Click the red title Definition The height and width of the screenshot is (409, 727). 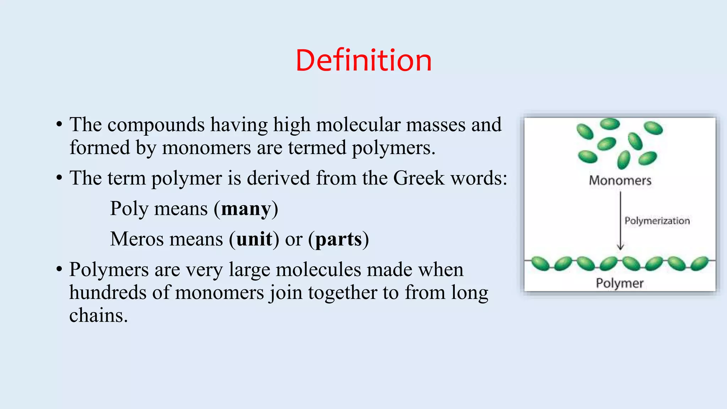[x=363, y=60]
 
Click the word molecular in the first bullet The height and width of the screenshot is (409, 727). [x=358, y=125]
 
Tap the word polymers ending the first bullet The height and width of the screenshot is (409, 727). [x=393, y=148]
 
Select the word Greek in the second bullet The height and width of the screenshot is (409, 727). [x=419, y=178]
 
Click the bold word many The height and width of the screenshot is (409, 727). [x=246, y=209]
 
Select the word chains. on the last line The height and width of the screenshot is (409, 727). [x=98, y=316]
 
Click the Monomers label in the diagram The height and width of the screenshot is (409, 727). [x=620, y=181]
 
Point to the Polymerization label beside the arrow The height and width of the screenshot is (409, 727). [x=657, y=221]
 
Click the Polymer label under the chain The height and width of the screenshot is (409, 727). [x=619, y=283]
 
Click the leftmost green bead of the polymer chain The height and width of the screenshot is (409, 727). [x=541, y=263]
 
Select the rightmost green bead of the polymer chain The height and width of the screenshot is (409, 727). [x=700, y=263]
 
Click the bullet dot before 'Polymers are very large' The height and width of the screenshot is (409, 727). [x=59, y=269]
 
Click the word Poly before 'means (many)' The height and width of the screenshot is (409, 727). [x=129, y=209]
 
